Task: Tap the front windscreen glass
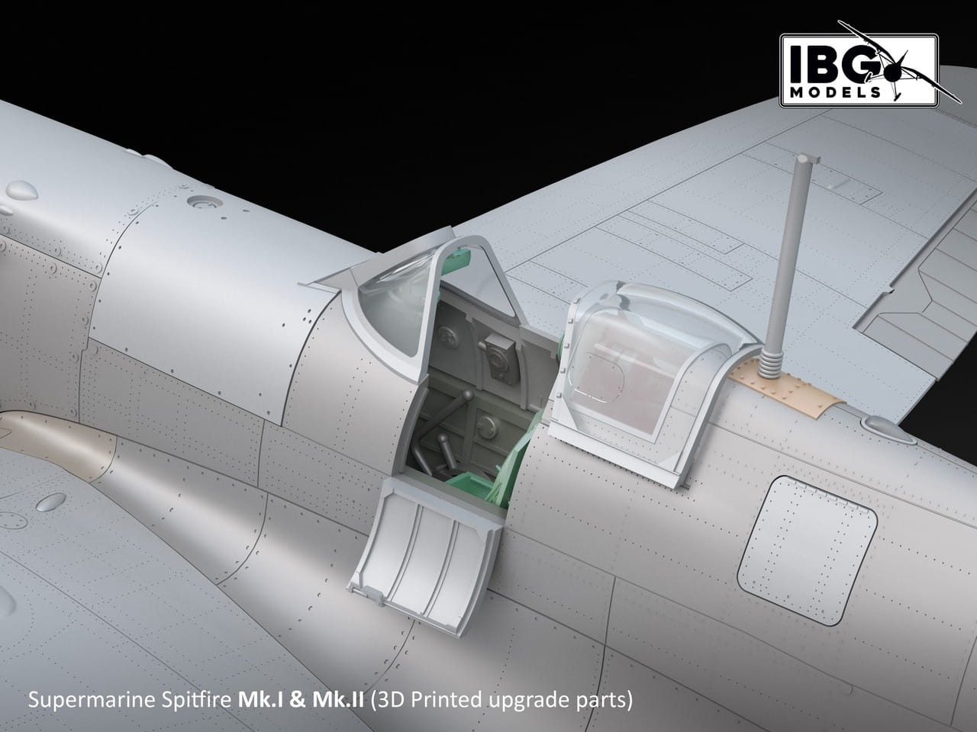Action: click(x=392, y=307)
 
